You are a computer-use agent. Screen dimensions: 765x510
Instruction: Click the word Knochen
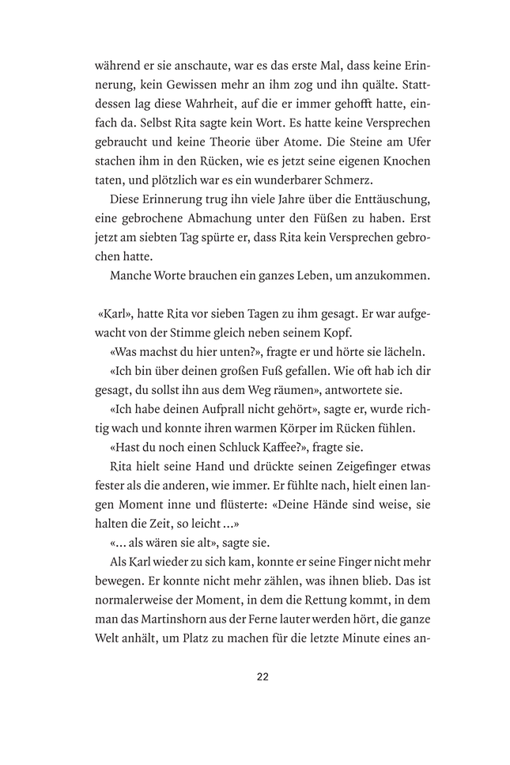pyautogui.click(x=402, y=162)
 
